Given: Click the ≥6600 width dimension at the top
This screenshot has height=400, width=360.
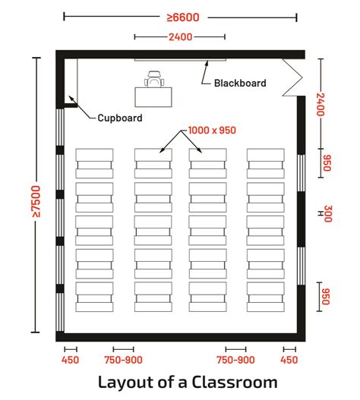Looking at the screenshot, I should click(179, 15).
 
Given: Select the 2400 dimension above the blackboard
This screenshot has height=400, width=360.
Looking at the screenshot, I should click(180, 36).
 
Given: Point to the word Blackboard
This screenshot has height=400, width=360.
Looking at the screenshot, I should click(240, 83).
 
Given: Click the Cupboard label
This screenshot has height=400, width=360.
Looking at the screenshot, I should click(119, 118).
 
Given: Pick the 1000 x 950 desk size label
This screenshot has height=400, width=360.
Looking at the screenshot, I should click(213, 131).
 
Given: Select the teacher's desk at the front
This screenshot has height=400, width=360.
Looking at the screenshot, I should click(155, 96).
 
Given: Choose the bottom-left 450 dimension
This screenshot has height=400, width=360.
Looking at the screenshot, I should click(69, 360).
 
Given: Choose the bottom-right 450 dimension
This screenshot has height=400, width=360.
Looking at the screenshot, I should click(289, 360).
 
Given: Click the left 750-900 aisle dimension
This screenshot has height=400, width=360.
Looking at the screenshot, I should click(123, 360).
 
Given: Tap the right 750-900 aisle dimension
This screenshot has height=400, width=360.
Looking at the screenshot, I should click(236, 360).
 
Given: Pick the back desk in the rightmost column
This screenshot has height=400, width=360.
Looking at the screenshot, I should click(265, 294).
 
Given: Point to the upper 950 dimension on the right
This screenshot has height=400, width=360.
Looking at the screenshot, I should click(327, 162).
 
